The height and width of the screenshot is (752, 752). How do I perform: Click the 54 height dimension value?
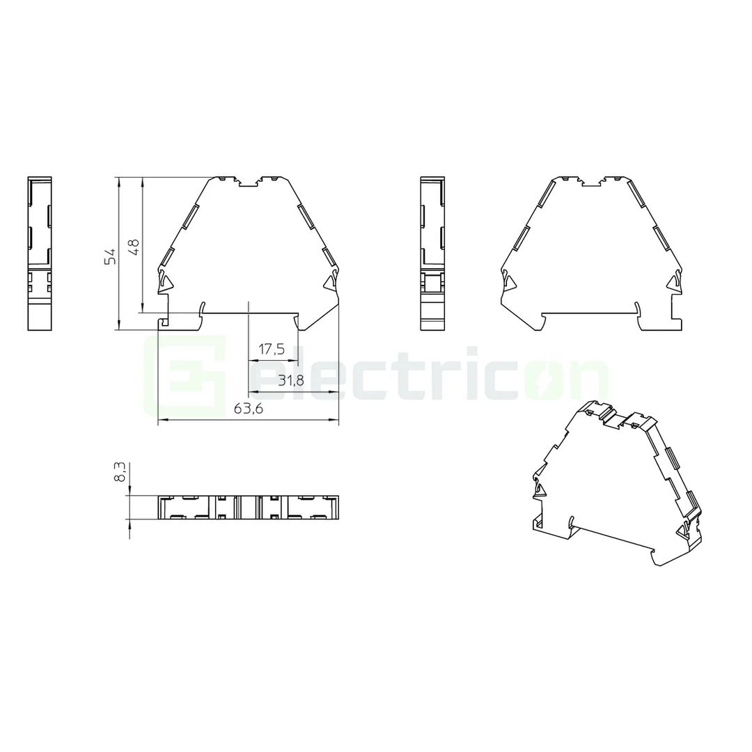(109, 256)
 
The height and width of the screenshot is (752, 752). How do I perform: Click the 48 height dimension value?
(134, 246)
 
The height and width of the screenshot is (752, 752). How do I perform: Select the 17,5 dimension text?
(272, 350)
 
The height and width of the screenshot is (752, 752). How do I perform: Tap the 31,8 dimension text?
(290, 380)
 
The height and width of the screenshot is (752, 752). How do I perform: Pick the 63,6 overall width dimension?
(248, 409)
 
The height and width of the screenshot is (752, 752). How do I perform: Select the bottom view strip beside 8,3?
(249, 507)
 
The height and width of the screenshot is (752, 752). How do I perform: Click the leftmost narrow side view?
(40, 253)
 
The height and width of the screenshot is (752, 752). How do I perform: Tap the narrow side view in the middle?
(432, 253)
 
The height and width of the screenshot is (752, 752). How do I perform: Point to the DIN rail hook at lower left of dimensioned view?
(164, 321)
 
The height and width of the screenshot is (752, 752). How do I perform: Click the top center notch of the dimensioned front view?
(249, 183)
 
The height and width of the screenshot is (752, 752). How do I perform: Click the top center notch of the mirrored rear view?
(591, 183)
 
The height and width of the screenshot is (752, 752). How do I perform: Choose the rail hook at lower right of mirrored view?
(676, 312)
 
